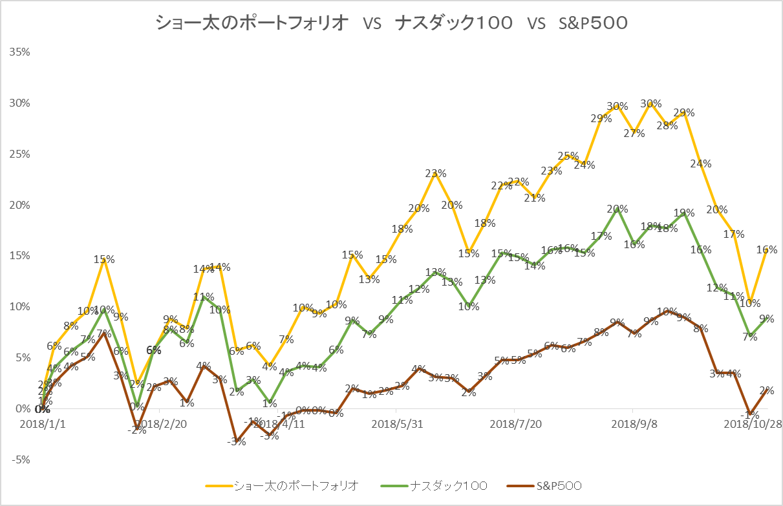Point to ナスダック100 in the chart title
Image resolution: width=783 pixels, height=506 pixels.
coord(455,23)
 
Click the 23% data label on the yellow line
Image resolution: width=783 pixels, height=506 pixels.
coord(436,173)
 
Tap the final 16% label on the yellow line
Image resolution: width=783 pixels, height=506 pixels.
coord(767,249)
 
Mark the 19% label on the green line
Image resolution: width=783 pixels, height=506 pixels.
coord(684,213)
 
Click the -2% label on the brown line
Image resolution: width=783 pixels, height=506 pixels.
coord(136,430)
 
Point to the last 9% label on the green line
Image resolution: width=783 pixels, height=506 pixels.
coord(767,319)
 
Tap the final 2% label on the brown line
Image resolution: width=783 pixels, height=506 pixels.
coord(767,390)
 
